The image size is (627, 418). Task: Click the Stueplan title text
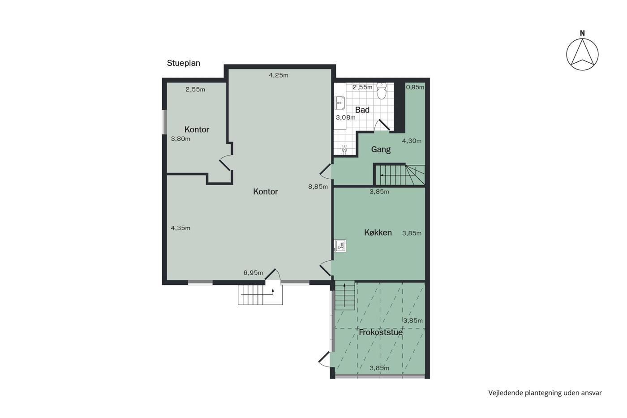(x=183, y=63)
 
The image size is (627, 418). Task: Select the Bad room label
(x=362, y=110)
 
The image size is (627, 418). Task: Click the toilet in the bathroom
(x=381, y=90)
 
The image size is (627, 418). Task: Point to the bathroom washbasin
(x=340, y=103)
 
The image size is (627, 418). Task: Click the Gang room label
(x=381, y=150)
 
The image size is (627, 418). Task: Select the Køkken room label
(x=378, y=233)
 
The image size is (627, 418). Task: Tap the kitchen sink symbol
(x=340, y=246)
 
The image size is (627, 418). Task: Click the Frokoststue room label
(x=381, y=332)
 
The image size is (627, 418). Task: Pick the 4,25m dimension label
(x=278, y=75)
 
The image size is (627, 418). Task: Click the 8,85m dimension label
(x=318, y=187)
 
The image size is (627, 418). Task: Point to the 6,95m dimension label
(x=253, y=273)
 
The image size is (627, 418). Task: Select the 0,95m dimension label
(x=415, y=87)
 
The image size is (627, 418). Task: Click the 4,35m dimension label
(x=180, y=228)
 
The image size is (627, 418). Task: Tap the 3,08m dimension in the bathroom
(x=346, y=117)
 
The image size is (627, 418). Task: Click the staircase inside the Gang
(x=399, y=175)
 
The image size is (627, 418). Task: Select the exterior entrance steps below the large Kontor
(x=260, y=294)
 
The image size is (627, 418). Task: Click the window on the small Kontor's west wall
(x=165, y=122)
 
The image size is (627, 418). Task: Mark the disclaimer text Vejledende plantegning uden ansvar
(x=545, y=393)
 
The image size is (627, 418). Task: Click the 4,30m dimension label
(x=412, y=141)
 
